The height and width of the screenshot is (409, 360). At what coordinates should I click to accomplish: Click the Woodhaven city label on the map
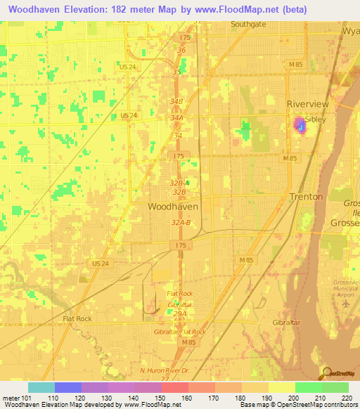tap(173, 207)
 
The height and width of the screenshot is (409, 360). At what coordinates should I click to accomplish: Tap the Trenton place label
tap(306, 197)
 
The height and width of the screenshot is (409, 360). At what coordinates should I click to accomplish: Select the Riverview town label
tap(307, 104)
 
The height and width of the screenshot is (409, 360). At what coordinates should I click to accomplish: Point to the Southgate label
tap(249, 23)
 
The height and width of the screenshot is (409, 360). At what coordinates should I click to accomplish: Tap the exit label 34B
tap(176, 101)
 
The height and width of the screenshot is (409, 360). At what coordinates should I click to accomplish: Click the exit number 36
tap(181, 51)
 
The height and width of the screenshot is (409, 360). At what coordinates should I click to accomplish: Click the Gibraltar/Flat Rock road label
tap(180, 331)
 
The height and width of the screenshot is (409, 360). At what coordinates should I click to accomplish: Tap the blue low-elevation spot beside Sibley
tap(300, 125)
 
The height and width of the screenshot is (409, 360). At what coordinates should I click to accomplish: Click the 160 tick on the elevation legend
tap(188, 396)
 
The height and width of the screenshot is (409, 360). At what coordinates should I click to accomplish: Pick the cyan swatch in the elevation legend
tap(41, 387)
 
